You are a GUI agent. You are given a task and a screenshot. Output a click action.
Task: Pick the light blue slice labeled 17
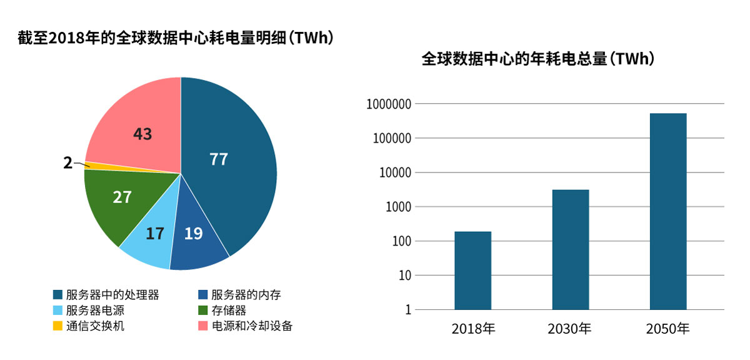(x=150, y=241)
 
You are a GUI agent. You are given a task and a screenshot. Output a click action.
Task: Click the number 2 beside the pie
(x=67, y=164)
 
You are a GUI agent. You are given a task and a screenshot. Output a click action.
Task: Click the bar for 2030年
(x=570, y=249)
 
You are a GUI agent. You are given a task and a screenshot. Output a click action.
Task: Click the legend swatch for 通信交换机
(x=57, y=326)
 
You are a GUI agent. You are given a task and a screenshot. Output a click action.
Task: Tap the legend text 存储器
(x=229, y=310)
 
